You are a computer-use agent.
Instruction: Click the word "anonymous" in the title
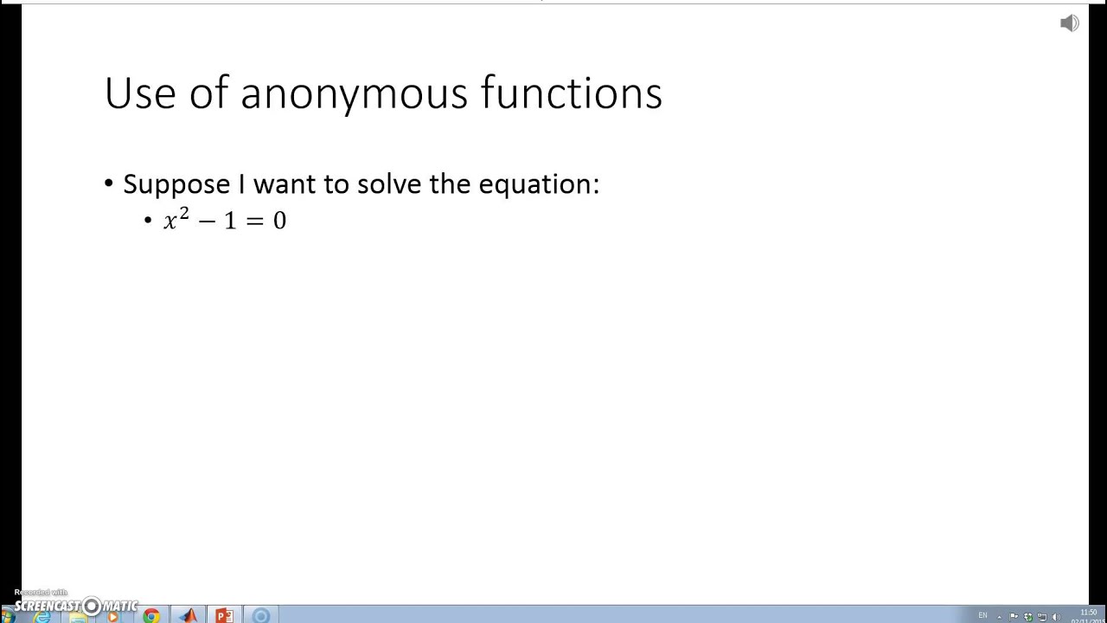coord(355,93)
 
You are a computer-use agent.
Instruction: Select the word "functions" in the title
coord(572,93)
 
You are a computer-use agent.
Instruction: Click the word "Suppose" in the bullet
coord(176,184)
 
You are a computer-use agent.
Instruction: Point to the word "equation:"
coord(539,184)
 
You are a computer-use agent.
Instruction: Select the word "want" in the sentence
coord(285,184)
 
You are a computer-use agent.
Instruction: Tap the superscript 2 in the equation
coord(184,213)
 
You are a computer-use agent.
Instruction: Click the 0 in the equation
coord(279,222)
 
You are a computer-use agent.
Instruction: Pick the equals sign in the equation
coord(254,222)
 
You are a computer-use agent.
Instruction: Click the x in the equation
coord(170,222)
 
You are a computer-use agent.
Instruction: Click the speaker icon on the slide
coord(1069,23)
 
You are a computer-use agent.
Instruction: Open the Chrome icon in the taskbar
coord(151,616)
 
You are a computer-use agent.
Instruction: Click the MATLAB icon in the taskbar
coord(189,616)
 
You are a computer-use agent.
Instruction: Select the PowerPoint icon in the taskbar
coord(224,616)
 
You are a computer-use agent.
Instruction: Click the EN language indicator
coord(982,616)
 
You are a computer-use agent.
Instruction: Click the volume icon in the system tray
coord(1056,617)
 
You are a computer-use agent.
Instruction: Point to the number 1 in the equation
coord(229,222)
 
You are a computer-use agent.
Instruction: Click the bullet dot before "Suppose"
coord(109,183)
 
